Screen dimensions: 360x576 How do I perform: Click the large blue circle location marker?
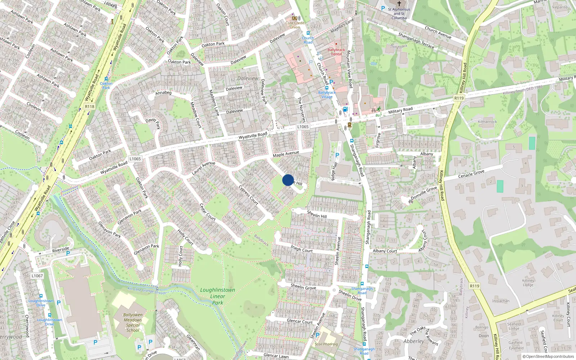(288, 180)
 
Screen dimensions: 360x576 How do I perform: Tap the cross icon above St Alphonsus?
(399, 3)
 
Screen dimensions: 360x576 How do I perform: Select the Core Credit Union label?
(295, 25)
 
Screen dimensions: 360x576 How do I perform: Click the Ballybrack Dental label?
(336, 52)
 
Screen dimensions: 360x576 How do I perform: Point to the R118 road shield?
(90, 107)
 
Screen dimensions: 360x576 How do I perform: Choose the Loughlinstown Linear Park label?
(217, 296)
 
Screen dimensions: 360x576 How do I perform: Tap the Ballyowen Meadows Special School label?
(132, 322)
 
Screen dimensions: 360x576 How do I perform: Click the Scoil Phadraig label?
(326, 344)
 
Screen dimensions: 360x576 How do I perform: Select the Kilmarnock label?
(487, 122)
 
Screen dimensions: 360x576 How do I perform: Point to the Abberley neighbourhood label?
(414, 341)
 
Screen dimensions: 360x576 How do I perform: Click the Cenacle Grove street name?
(471, 174)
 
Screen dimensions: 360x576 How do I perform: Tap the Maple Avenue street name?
(286, 154)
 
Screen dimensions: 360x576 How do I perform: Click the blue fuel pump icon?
(345, 109)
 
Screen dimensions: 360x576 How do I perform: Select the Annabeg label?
(163, 93)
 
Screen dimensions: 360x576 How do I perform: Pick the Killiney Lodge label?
(528, 283)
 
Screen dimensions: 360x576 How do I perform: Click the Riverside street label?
(60, 249)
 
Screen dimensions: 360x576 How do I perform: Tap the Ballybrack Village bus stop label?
(327, 95)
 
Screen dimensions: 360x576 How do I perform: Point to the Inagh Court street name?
(302, 248)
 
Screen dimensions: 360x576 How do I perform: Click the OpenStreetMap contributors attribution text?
(548, 356)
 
